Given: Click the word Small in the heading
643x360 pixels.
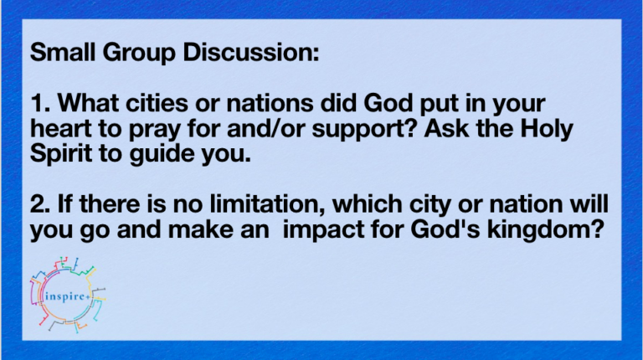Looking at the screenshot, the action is tap(63, 52).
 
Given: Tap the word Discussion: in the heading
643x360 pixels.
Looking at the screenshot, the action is tap(251, 52).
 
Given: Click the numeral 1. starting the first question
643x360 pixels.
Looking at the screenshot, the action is tap(40, 102).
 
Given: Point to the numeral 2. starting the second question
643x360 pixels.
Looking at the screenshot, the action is tap(40, 203).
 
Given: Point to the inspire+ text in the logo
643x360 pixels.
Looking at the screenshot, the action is tap(66, 296).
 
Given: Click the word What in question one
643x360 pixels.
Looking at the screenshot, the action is tap(88, 102).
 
